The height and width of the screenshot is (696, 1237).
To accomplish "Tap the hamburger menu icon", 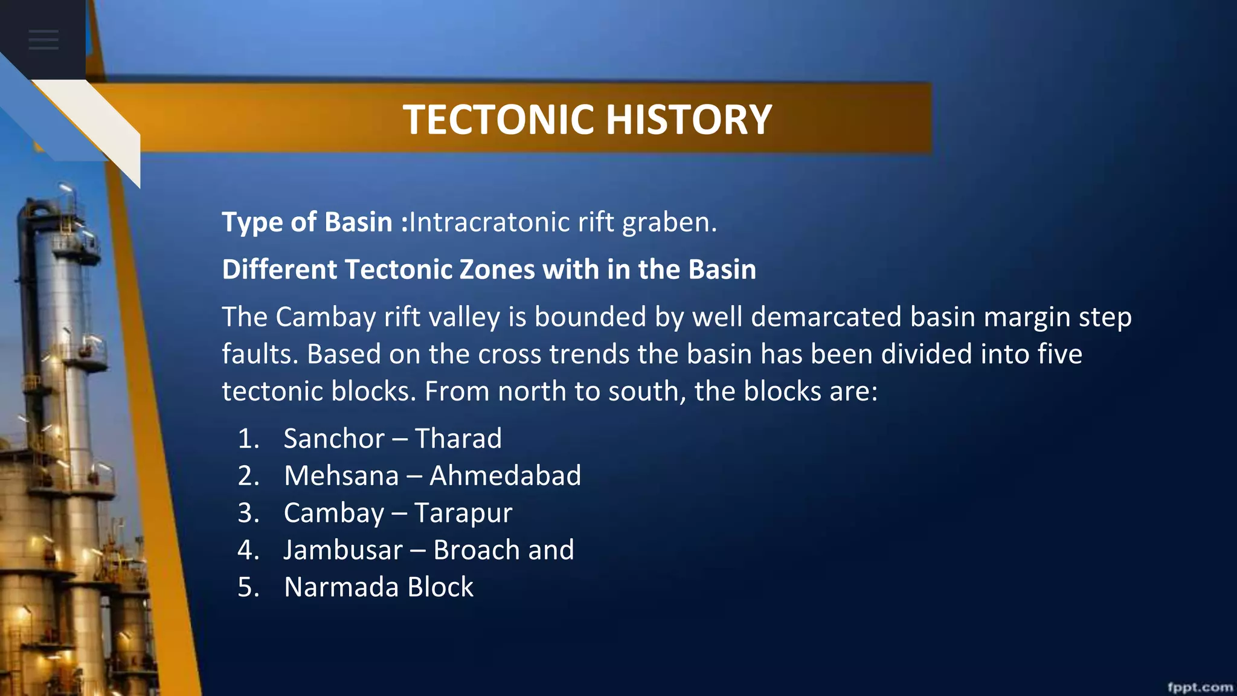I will pos(43,40).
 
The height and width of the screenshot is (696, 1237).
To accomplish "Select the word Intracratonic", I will pos(490,222).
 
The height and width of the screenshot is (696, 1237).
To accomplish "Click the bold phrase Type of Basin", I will pos(307,222).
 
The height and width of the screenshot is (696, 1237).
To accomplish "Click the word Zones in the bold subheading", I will pos(497,269).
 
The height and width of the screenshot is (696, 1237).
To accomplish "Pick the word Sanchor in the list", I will pos(334,439).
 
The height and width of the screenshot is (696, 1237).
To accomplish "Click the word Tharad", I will pos(458,439).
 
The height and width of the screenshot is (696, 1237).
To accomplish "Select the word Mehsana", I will pos(342,476).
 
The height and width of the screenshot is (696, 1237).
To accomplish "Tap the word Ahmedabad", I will pos(505,476).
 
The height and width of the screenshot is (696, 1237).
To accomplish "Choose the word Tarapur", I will pos(463,514).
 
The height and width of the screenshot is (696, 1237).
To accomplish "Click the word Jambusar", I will pos(343,550).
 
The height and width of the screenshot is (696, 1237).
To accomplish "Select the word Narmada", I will pos(342,588).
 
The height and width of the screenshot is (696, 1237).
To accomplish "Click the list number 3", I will pos(248,514).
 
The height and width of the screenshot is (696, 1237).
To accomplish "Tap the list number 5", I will pos(248,588).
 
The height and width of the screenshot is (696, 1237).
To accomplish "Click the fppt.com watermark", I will pos(1200,687).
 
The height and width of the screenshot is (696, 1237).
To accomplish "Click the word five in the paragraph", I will pos(1059,355).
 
